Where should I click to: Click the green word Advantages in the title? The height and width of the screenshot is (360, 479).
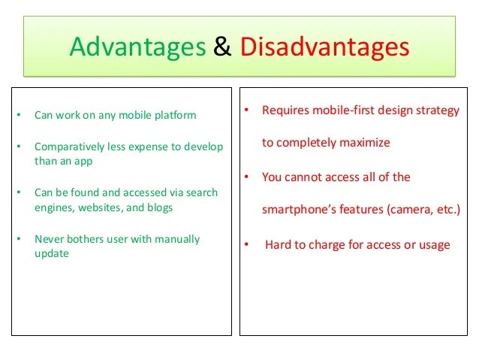coord(138,47)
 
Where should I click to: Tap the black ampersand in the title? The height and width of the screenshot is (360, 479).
coord(222,46)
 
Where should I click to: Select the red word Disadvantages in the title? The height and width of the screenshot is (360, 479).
coord(324,47)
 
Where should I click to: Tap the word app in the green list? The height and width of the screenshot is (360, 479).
coord(83,162)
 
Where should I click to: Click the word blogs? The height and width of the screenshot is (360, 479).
coord(160,207)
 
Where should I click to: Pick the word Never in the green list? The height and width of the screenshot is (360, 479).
coord(49,239)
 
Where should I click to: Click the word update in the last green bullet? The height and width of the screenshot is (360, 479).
coord(52,254)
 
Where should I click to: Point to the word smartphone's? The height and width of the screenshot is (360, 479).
coord(299,210)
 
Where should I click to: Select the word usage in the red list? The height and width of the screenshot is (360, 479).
coord(435,246)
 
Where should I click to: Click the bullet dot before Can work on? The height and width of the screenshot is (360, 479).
coord(19,115)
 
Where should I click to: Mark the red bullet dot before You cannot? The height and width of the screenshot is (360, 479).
coord(246,177)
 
